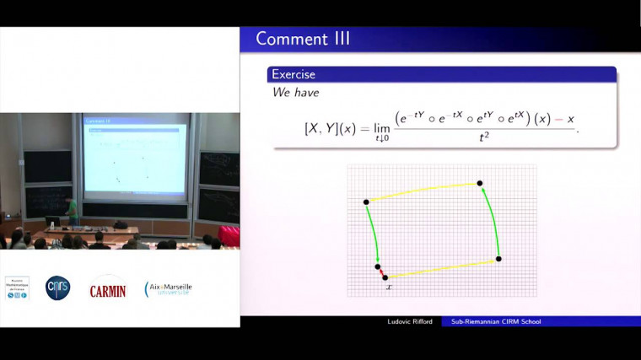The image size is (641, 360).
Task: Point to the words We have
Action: pos(295,92)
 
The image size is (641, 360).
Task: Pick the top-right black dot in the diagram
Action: pos(480,183)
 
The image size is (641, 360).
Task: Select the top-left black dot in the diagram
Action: pos(366,201)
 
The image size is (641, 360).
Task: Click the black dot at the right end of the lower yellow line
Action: pos(498,259)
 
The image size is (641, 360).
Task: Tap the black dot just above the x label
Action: pos(385,277)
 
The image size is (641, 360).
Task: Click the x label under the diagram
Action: pos(389,288)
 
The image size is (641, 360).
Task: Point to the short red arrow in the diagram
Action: pos(381,271)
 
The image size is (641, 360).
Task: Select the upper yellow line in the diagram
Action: pos(423,192)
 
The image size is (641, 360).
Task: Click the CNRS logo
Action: pos(58,288)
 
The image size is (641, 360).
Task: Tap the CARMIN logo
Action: pos(107,289)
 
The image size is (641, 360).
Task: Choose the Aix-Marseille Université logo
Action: pos(169,288)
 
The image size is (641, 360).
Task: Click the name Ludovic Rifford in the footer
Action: pos(406,321)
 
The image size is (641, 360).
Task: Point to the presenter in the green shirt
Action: pos(73,209)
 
